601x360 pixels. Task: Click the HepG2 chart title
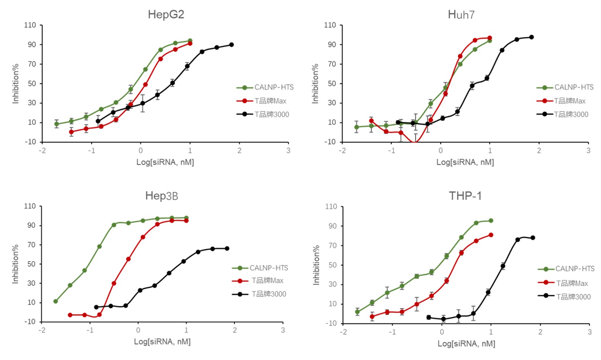point(166,15)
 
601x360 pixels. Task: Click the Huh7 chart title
point(461,15)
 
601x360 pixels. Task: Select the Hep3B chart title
point(162,196)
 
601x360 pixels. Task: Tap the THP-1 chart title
point(465,196)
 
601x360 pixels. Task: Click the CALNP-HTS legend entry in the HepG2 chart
point(274,87)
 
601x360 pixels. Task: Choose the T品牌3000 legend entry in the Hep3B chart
point(268,294)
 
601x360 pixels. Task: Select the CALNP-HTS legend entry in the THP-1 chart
point(575,269)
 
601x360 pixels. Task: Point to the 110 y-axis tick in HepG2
point(30,25)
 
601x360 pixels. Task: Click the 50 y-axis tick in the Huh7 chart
point(332,84)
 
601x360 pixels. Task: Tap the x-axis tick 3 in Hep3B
point(283,330)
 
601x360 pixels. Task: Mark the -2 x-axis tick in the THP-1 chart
point(344,332)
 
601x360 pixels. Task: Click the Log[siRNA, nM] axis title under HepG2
point(165,162)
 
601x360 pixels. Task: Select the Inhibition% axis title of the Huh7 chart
point(315,84)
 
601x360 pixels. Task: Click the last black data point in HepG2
point(231,45)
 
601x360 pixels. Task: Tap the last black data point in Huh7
point(531,37)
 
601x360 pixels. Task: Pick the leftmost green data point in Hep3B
point(56,301)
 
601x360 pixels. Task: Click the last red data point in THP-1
point(491,235)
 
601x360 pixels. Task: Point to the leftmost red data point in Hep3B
point(70,315)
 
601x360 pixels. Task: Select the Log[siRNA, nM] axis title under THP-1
point(466,344)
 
